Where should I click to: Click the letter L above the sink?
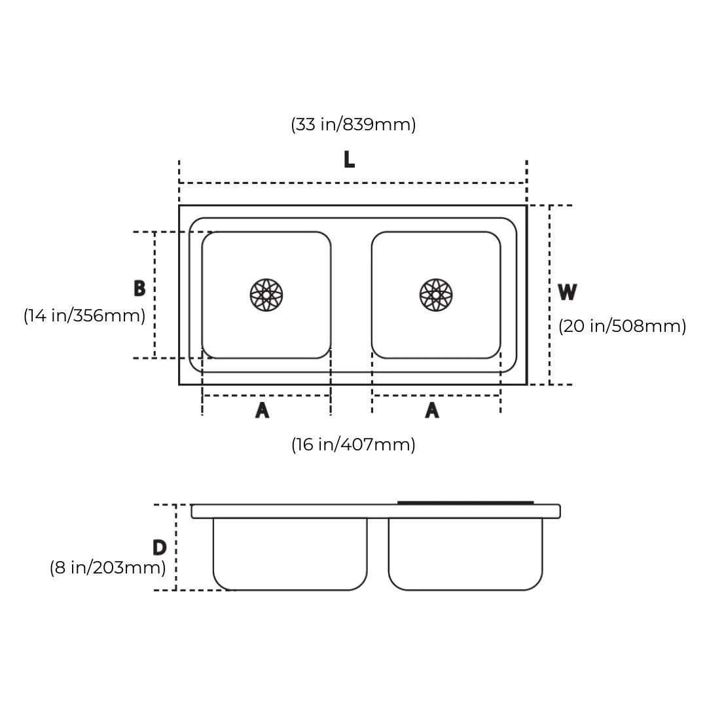349,159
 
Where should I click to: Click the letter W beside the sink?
567,292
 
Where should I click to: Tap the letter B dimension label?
139,289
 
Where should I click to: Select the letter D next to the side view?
159,547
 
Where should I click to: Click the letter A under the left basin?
262,410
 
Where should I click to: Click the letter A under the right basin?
432,410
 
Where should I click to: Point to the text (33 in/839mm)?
353,124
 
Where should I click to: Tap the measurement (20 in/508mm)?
622,326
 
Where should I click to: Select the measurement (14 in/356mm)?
84,316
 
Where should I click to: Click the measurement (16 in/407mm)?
353,444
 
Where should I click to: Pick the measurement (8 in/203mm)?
108,568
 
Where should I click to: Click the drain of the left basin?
266,295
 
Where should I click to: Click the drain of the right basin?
436,295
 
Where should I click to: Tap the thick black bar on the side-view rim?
465,503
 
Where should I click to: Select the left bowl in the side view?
290,553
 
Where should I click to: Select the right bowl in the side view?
465,553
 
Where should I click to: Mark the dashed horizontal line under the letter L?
352,183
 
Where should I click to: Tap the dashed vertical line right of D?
176,547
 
